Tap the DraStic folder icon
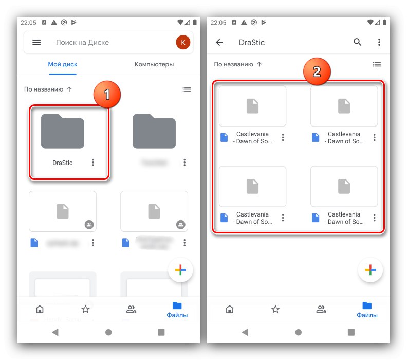pos(63,132)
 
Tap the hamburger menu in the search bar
pos(36,43)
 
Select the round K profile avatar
pos(182,43)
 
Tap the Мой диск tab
pos(63,64)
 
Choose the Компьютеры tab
pos(154,64)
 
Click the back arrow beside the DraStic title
pos(219,43)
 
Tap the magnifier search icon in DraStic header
pos(358,43)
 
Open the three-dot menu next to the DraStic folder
pos(93,163)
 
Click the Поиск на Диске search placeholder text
pos(82,43)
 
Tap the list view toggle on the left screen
pos(187,89)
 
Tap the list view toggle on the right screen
pos(377,64)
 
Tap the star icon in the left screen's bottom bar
pos(85,309)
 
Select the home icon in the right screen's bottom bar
pos(230,309)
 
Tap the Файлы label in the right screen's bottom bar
pos(367,315)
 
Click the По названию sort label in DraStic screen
pos(234,64)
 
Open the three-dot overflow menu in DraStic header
pos(379,43)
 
